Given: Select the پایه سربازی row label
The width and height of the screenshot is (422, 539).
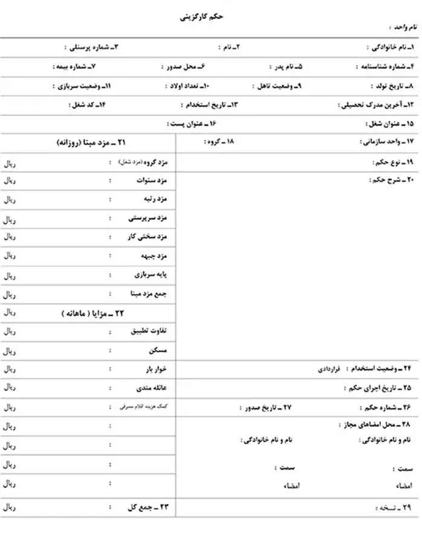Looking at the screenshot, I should [154, 275].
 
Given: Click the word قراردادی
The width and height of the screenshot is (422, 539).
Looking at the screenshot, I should [330, 369].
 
